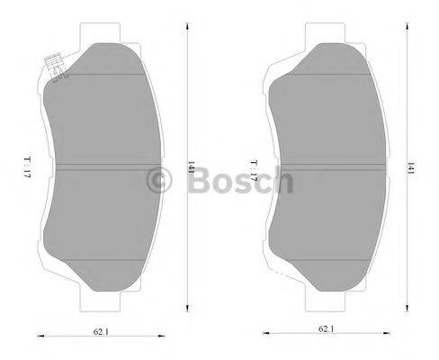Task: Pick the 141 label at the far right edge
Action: (412, 166)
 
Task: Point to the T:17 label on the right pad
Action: (255, 170)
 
